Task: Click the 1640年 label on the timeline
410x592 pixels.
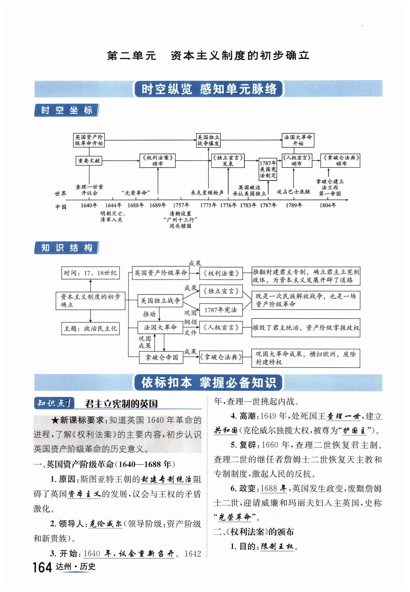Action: (x=89, y=205)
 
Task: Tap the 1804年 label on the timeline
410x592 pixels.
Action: (x=327, y=205)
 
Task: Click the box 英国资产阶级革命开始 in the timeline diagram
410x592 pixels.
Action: (x=89, y=140)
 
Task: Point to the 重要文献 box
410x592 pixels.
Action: (x=89, y=161)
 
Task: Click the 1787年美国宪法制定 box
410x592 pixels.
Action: (x=268, y=169)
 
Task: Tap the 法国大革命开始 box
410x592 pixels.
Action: (x=298, y=140)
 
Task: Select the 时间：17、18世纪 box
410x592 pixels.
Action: (x=90, y=273)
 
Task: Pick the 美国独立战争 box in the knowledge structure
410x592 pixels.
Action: (x=160, y=301)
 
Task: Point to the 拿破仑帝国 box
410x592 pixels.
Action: (x=161, y=357)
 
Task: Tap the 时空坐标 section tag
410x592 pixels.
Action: (x=67, y=110)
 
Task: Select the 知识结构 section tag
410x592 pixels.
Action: (x=67, y=248)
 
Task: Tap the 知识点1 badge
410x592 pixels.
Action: (x=54, y=403)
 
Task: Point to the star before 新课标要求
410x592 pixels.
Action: (x=55, y=420)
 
